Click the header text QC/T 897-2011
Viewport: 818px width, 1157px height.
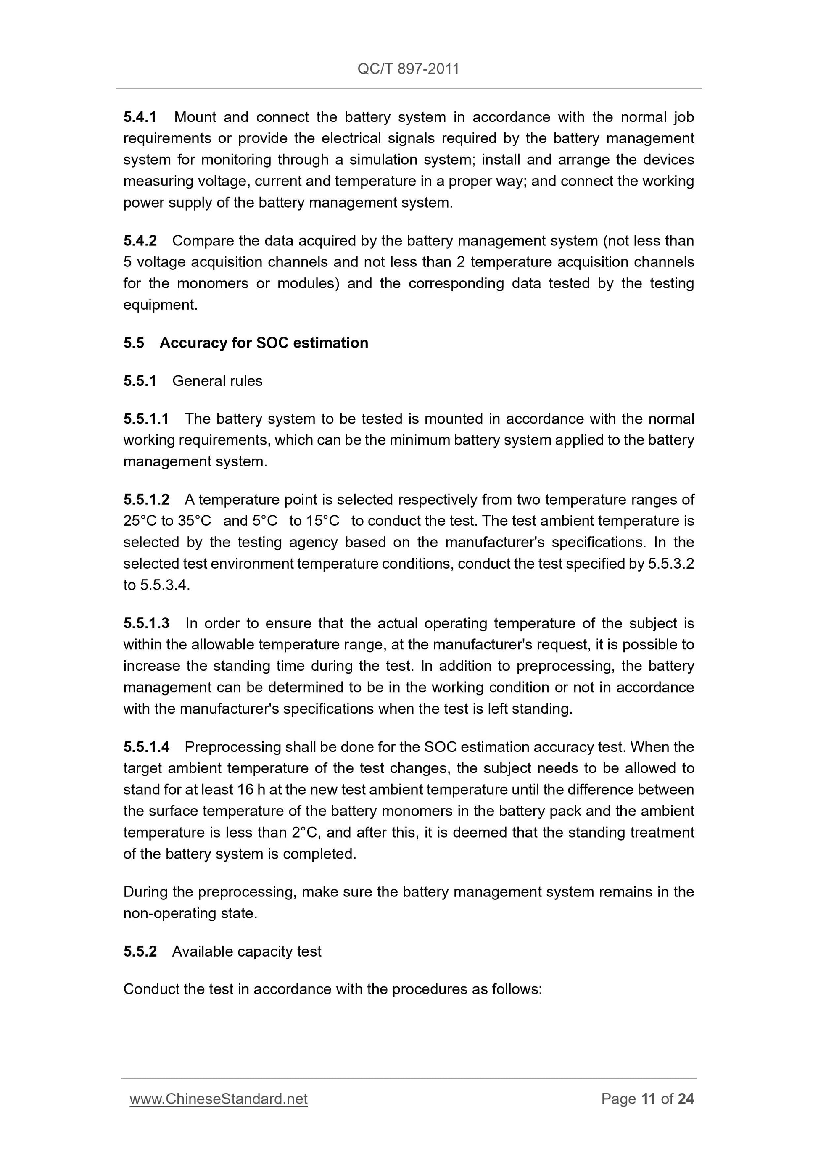tap(408, 69)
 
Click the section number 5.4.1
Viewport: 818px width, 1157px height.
tap(140, 117)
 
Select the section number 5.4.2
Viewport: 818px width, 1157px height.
tap(140, 240)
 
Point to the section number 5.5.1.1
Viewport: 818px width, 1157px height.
tap(146, 419)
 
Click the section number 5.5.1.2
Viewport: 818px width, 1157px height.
tap(146, 499)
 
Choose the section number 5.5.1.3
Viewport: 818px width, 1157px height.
tap(146, 623)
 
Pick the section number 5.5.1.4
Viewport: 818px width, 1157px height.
tap(146, 747)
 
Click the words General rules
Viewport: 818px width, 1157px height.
tap(217, 380)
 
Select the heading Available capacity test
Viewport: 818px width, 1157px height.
tap(246, 951)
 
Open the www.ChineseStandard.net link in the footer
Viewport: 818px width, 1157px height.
tap(219, 1099)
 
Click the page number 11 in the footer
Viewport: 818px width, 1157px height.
tap(648, 1099)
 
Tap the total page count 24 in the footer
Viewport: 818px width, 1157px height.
tap(686, 1099)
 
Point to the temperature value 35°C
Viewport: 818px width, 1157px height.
tap(195, 521)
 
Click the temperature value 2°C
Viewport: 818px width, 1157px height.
tap(305, 832)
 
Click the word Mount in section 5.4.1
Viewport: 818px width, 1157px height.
tap(195, 117)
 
